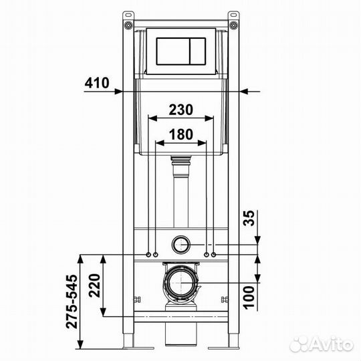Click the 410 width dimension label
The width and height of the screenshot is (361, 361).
click(x=97, y=83)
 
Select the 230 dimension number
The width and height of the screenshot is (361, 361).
click(x=180, y=110)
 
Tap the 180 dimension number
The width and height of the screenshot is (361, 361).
click(x=181, y=134)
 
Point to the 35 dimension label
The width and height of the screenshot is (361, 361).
click(x=249, y=218)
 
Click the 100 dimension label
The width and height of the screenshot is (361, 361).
click(x=249, y=297)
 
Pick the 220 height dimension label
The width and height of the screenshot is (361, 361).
click(x=95, y=285)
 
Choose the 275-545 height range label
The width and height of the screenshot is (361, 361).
click(x=72, y=302)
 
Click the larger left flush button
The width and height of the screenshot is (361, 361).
click(x=173, y=51)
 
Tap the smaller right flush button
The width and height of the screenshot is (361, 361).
click(x=197, y=51)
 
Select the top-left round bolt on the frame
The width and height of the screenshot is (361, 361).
click(x=128, y=25)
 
